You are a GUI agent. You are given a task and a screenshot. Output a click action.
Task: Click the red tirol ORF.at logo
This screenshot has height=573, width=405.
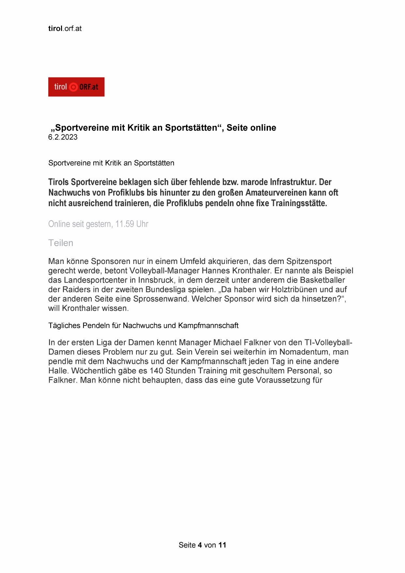76,87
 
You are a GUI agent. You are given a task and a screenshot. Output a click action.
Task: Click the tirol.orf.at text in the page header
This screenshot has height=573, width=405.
65,28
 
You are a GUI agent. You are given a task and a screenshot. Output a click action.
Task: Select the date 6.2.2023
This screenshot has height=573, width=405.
63,137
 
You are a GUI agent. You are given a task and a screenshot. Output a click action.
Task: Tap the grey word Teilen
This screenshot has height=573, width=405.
61,243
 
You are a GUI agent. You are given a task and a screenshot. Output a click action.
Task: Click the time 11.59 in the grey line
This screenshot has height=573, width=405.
125,224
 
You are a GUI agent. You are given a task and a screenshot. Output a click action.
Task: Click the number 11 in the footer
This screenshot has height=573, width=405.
222,545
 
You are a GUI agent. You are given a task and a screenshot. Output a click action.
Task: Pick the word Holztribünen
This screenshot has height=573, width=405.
296,289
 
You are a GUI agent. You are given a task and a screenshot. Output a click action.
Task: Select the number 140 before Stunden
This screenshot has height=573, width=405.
156,371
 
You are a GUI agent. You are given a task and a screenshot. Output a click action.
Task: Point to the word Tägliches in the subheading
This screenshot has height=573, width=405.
64,326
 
